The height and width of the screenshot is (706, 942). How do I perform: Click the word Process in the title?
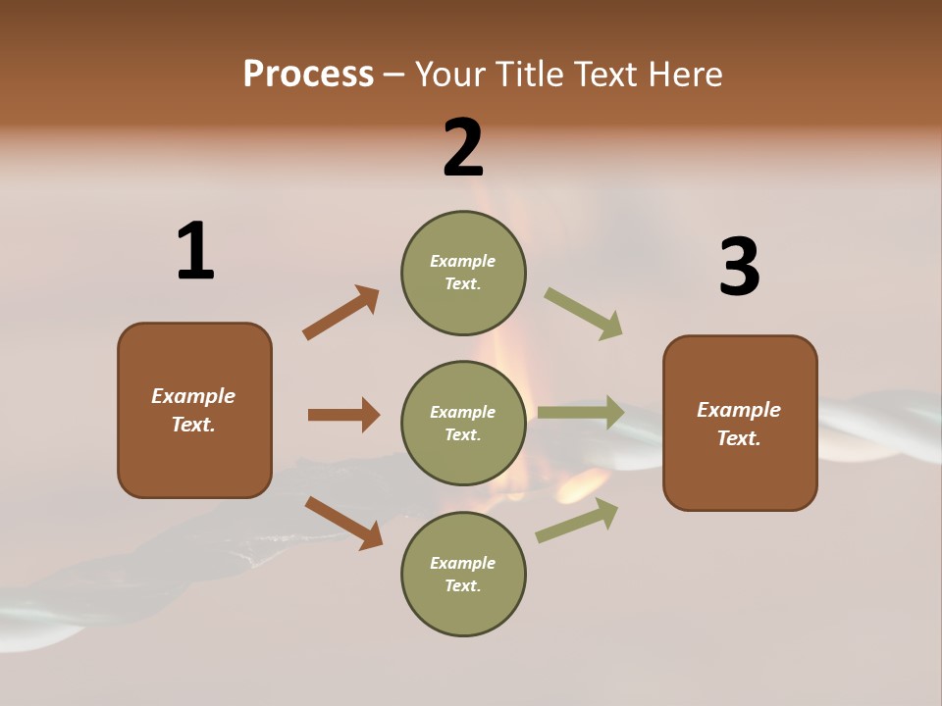coord(308,74)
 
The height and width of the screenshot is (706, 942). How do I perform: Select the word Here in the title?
coord(683,74)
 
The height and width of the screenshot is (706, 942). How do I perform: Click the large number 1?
coord(195,252)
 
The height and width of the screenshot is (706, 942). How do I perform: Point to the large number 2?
coord(463,148)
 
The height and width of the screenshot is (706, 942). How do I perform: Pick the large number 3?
coord(740,268)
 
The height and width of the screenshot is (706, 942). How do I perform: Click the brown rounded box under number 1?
coord(194,410)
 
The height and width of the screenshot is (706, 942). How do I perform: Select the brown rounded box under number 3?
coord(740,424)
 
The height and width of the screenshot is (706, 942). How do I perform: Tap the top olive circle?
coord(463,273)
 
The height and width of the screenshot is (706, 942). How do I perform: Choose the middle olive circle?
coord(463,423)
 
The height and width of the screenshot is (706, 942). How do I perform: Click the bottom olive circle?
coord(463,574)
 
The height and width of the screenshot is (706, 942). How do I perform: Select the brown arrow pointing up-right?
coord(340,313)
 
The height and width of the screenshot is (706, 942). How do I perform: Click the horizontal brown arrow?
coord(343,415)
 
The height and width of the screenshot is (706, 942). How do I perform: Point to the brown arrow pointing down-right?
coord(343,523)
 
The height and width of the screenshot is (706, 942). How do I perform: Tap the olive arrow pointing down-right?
coord(584,314)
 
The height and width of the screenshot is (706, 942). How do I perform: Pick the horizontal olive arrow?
coord(581,413)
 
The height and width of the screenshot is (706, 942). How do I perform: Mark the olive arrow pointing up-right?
coord(577,520)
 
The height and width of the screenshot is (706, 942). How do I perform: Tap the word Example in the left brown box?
coord(193,396)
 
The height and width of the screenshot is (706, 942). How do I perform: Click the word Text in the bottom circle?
coord(461,585)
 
